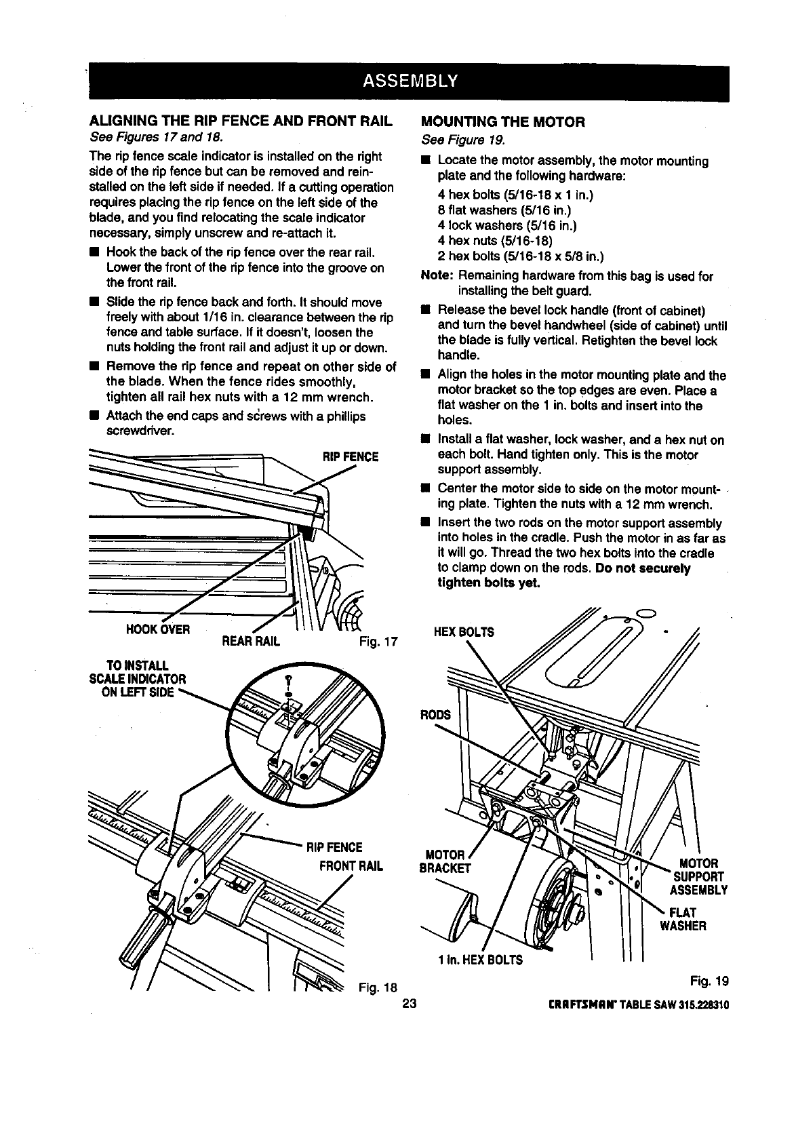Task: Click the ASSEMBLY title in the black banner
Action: click(411, 82)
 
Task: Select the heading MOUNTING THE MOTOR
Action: click(502, 122)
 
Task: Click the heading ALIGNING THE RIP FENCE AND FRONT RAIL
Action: click(241, 122)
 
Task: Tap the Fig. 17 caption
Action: click(378, 641)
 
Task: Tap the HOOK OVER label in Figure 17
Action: click(157, 628)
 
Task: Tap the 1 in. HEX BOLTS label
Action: click(480, 960)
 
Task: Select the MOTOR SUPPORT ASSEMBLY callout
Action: click(698, 876)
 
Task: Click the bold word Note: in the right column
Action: click(437, 276)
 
